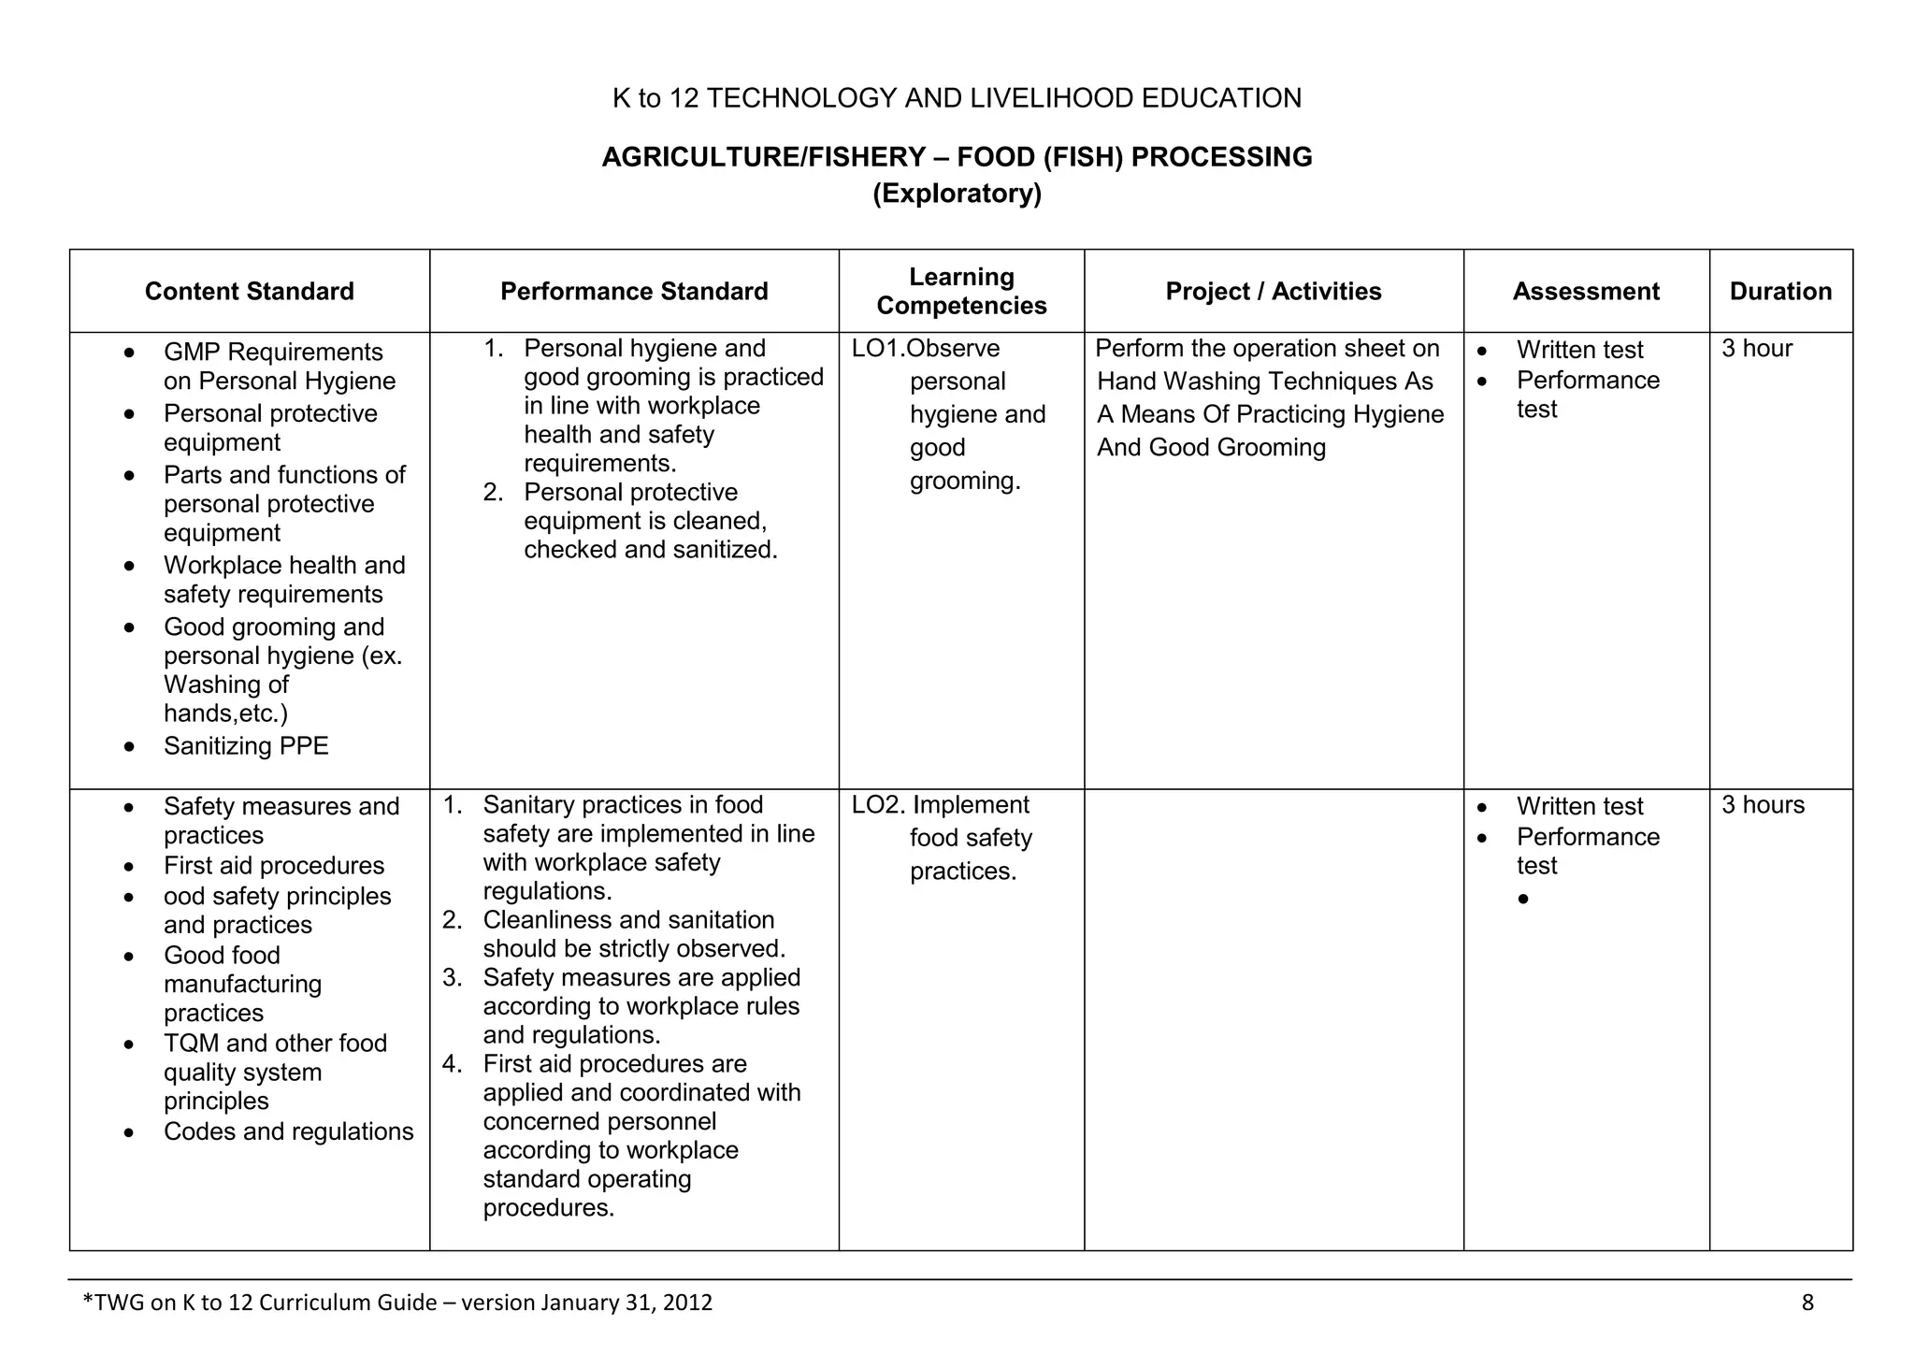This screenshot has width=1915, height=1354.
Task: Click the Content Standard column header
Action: (x=249, y=292)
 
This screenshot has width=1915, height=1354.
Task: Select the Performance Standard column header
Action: (x=634, y=292)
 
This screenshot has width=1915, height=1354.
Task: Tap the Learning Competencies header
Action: (x=961, y=291)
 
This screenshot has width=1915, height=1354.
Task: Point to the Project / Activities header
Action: (x=1273, y=292)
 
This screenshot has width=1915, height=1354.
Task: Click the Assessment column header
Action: (x=1586, y=292)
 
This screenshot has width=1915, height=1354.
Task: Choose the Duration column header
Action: (x=1780, y=292)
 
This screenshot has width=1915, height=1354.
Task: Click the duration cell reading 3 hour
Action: (x=1756, y=349)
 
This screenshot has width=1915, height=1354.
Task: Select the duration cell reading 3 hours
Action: (x=1763, y=805)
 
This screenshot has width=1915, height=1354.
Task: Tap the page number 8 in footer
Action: (x=1807, y=1303)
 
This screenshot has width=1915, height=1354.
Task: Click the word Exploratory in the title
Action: (x=957, y=194)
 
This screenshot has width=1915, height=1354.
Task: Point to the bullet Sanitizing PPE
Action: (x=246, y=746)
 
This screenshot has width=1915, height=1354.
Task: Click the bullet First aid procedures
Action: (x=274, y=866)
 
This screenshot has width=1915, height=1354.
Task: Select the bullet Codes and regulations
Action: (x=288, y=1131)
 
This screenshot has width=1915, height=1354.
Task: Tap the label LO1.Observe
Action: (x=925, y=349)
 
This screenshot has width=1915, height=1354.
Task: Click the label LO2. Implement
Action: (x=940, y=805)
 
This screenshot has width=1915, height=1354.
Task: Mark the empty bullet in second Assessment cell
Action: (x=1523, y=900)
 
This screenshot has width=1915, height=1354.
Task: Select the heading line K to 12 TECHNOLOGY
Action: (x=957, y=98)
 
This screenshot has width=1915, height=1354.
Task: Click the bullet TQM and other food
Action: (x=275, y=1044)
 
